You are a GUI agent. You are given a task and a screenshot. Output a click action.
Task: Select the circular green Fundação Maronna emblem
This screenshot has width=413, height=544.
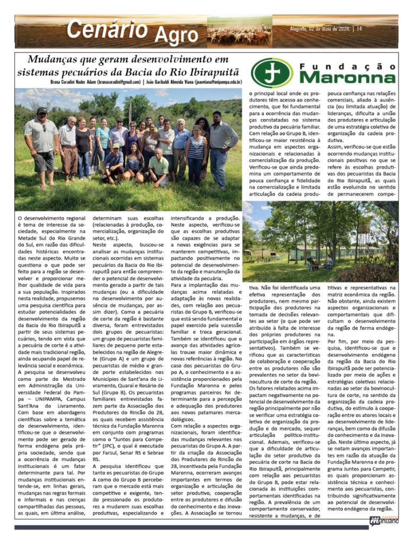pyautogui.click(x=272, y=72)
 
